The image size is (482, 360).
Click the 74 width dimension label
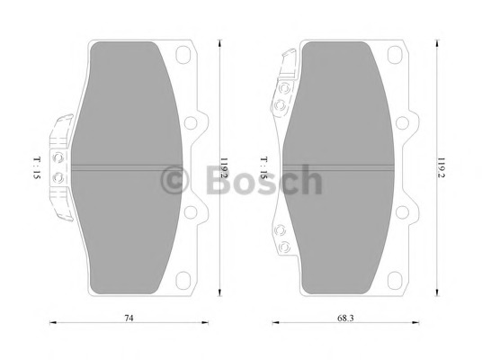(129, 318)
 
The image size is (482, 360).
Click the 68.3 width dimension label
(345, 318)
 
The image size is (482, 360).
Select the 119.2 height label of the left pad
(224, 168)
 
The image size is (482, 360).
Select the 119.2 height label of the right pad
(442, 168)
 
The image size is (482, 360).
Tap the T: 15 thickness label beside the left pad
(37, 168)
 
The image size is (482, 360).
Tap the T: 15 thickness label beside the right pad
(263, 168)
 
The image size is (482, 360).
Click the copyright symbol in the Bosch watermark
(174, 181)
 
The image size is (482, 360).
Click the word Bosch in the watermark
(264, 180)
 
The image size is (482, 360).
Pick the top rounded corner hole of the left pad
(183, 55)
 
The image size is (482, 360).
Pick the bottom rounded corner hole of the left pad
(183, 280)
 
